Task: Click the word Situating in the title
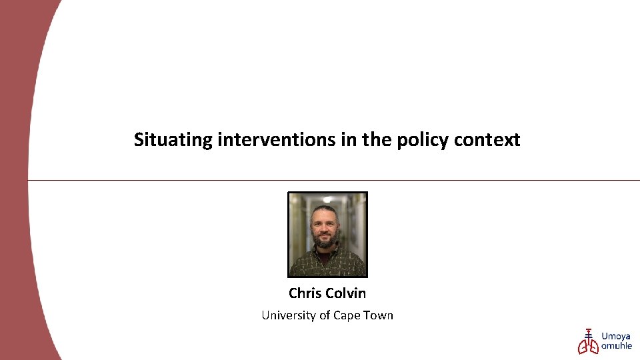(173, 140)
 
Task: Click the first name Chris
(305, 293)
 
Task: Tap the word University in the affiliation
(289, 315)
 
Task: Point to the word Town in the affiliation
(379, 315)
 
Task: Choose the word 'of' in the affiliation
(325, 315)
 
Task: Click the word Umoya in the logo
(616, 337)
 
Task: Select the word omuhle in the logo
(617, 346)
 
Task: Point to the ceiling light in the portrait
(327, 199)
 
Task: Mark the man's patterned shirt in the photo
(327, 263)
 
